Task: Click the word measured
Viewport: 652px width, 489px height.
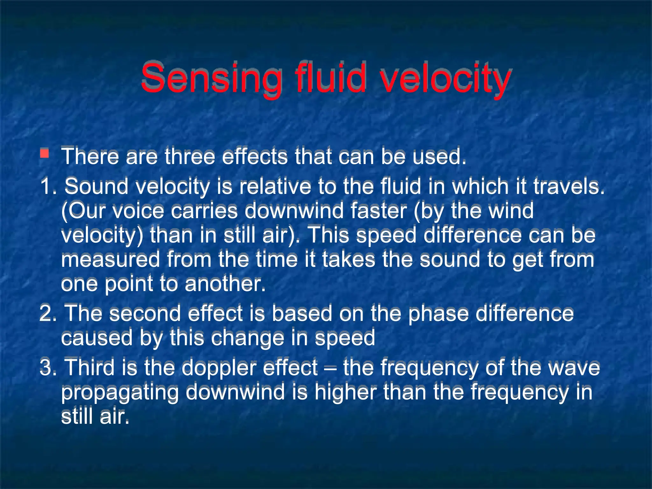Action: tap(110, 259)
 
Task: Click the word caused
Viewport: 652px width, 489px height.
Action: tap(96, 338)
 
